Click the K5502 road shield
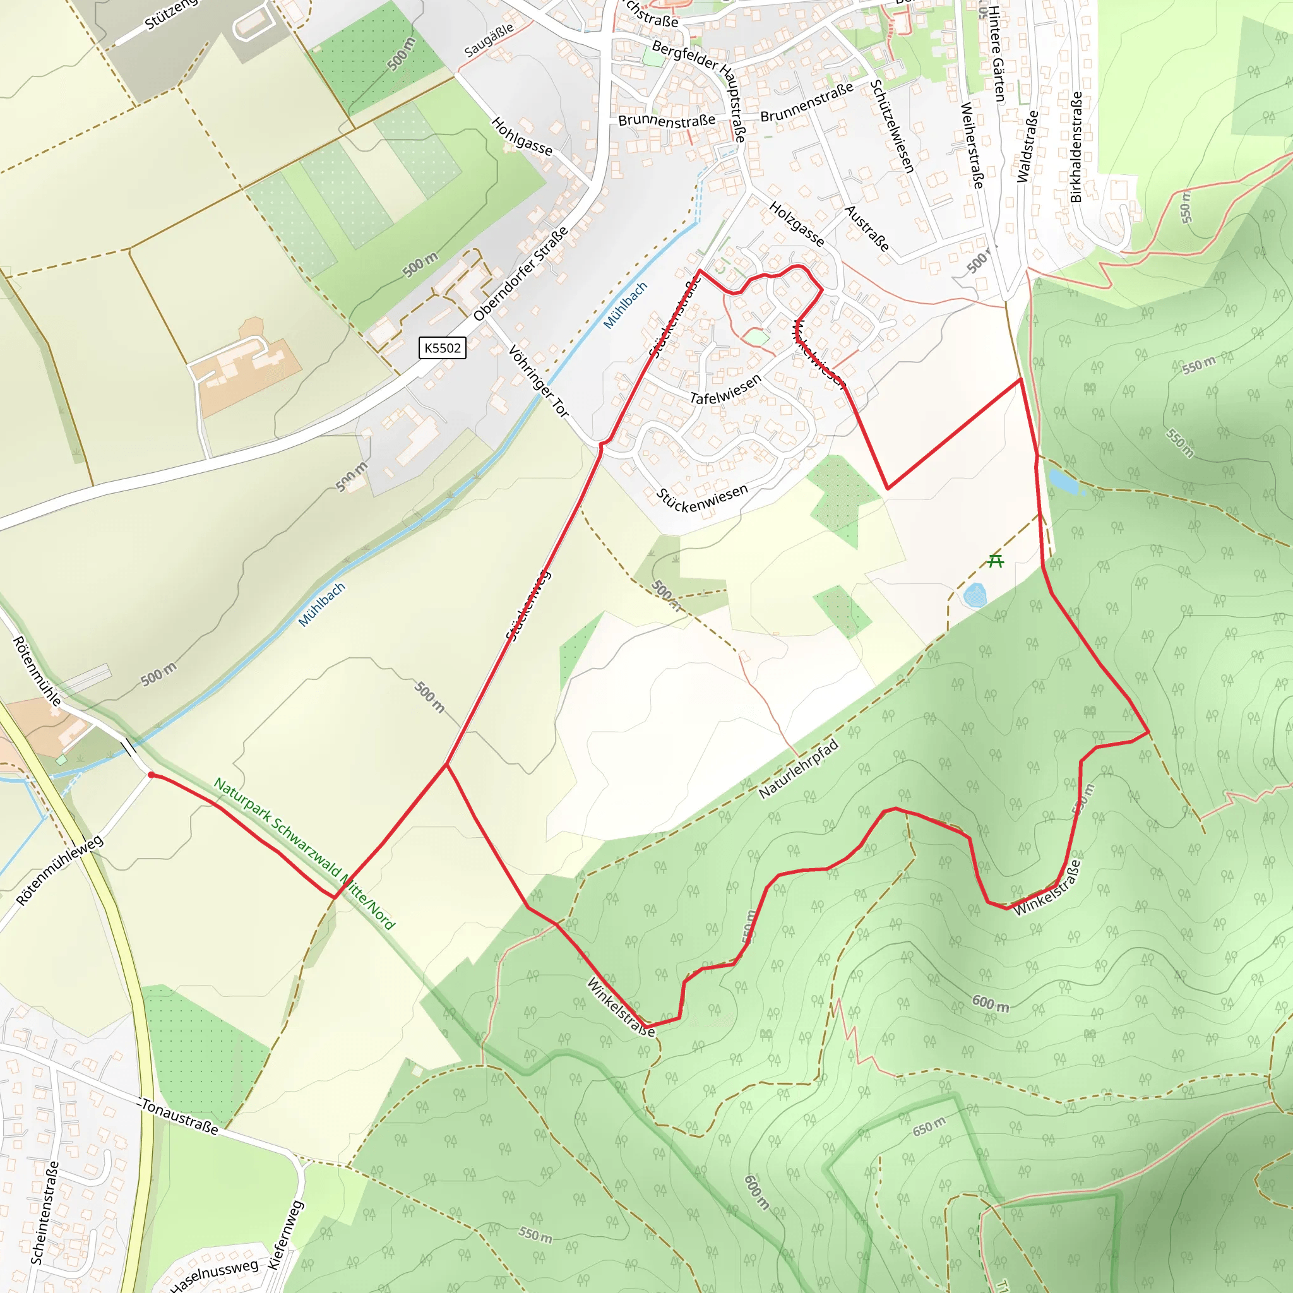[442, 348]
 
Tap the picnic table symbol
[996, 560]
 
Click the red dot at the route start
[152, 775]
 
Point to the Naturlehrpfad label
[798, 769]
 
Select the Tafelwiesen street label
[725, 389]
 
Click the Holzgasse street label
[796, 224]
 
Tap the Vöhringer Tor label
[538, 381]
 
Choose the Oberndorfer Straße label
[520, 274]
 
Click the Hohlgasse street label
[521, 136]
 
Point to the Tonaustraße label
[179, 1116]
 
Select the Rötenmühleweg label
[59, 870]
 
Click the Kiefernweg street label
[286, 1235]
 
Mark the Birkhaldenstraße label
[1076, 147]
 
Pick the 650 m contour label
[929, 1126]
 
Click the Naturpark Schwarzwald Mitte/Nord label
[304, 854]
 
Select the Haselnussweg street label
[213, 1275]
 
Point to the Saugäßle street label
[489, 40]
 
